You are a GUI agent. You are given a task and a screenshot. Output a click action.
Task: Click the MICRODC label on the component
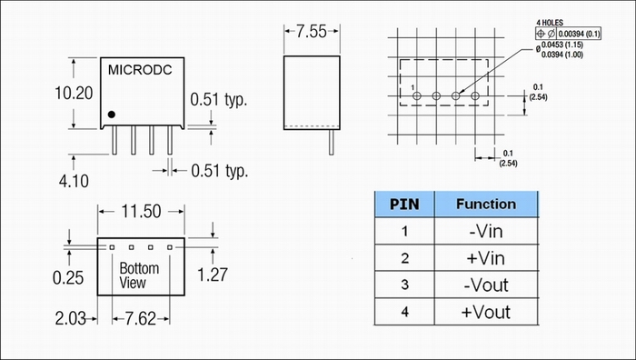click(140, 70)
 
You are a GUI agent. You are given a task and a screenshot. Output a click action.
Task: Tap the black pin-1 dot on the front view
click(112, 115)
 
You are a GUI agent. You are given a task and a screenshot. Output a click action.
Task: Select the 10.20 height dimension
click(74, 93)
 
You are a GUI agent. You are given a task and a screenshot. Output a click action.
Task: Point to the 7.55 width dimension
click(311, 32)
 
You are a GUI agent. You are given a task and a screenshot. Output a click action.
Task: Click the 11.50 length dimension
click(141, 212)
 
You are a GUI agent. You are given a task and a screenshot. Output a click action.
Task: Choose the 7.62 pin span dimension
click(140, 319)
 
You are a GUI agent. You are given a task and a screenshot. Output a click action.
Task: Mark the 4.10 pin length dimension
click(74, 181)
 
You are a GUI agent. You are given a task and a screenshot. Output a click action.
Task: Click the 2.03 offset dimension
click(71, 318)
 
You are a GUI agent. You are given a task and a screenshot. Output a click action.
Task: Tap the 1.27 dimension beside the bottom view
click(212, 275)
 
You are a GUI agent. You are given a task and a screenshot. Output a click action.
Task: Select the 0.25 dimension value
click(68, 278)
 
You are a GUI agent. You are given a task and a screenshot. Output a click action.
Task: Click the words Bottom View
click(139, 275)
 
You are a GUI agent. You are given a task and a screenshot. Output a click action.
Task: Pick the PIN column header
click(404, 205)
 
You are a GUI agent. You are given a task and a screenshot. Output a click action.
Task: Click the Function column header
click(486, 204)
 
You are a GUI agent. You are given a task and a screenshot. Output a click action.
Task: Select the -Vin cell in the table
click(486, 231)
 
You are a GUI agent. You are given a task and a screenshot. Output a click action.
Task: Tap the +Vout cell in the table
click(486, 312)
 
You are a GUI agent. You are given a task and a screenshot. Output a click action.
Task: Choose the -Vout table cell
click(486, 285)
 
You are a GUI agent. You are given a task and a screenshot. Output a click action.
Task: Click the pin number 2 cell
click(404, 258)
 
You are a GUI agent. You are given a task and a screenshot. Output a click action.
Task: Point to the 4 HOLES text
click(550, 23)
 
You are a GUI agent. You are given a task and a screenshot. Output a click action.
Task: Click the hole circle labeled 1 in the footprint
click(416, 96)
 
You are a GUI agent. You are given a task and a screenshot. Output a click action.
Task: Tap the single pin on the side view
click(332, 142)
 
